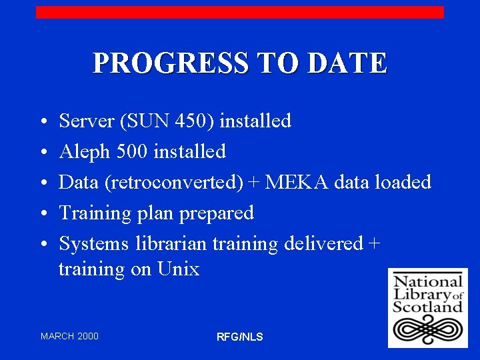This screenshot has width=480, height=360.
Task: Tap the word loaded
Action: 405,182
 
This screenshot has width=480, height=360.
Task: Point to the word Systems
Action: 94,243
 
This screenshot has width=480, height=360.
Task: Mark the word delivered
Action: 323,243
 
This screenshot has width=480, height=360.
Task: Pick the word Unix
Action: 178,269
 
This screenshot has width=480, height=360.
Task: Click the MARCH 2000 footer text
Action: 69,336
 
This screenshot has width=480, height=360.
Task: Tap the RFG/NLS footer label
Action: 240,337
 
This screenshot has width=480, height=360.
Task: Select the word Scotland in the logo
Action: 427,307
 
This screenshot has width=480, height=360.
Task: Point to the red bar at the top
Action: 240,12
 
